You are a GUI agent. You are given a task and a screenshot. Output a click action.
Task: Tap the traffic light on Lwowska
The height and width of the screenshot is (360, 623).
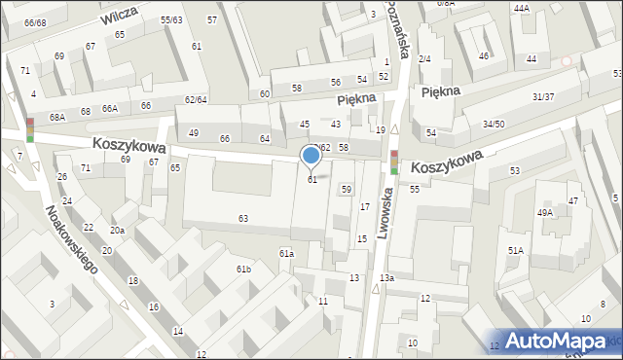point(394,162)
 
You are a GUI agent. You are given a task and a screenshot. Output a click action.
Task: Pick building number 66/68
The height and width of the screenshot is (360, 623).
point(35,22)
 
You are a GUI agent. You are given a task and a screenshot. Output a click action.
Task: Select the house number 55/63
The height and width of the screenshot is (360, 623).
point(172,19)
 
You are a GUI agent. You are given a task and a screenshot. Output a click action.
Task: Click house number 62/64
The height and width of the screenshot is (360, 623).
point(196,99)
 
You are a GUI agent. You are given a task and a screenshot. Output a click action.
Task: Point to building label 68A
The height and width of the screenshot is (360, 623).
point(57,117)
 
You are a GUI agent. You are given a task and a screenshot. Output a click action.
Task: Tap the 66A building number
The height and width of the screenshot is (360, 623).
point(110,108)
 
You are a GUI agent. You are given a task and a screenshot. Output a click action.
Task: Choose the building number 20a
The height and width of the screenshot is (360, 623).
point(117,231)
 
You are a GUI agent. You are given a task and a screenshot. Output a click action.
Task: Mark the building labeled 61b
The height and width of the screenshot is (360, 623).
point(243,269)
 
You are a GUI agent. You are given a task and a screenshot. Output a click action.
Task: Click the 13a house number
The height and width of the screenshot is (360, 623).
point(387,278)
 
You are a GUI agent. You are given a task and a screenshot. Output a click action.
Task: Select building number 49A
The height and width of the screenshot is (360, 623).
point(544,212)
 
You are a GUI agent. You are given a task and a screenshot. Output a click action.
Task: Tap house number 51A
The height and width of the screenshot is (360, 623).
point(515,250)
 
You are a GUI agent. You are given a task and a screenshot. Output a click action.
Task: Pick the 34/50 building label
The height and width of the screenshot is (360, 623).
point(494,124)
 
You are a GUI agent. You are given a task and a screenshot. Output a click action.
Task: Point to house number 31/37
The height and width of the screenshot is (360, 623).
point(543,96)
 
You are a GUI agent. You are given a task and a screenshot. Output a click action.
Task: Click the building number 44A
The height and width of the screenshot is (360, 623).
point(522,8)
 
